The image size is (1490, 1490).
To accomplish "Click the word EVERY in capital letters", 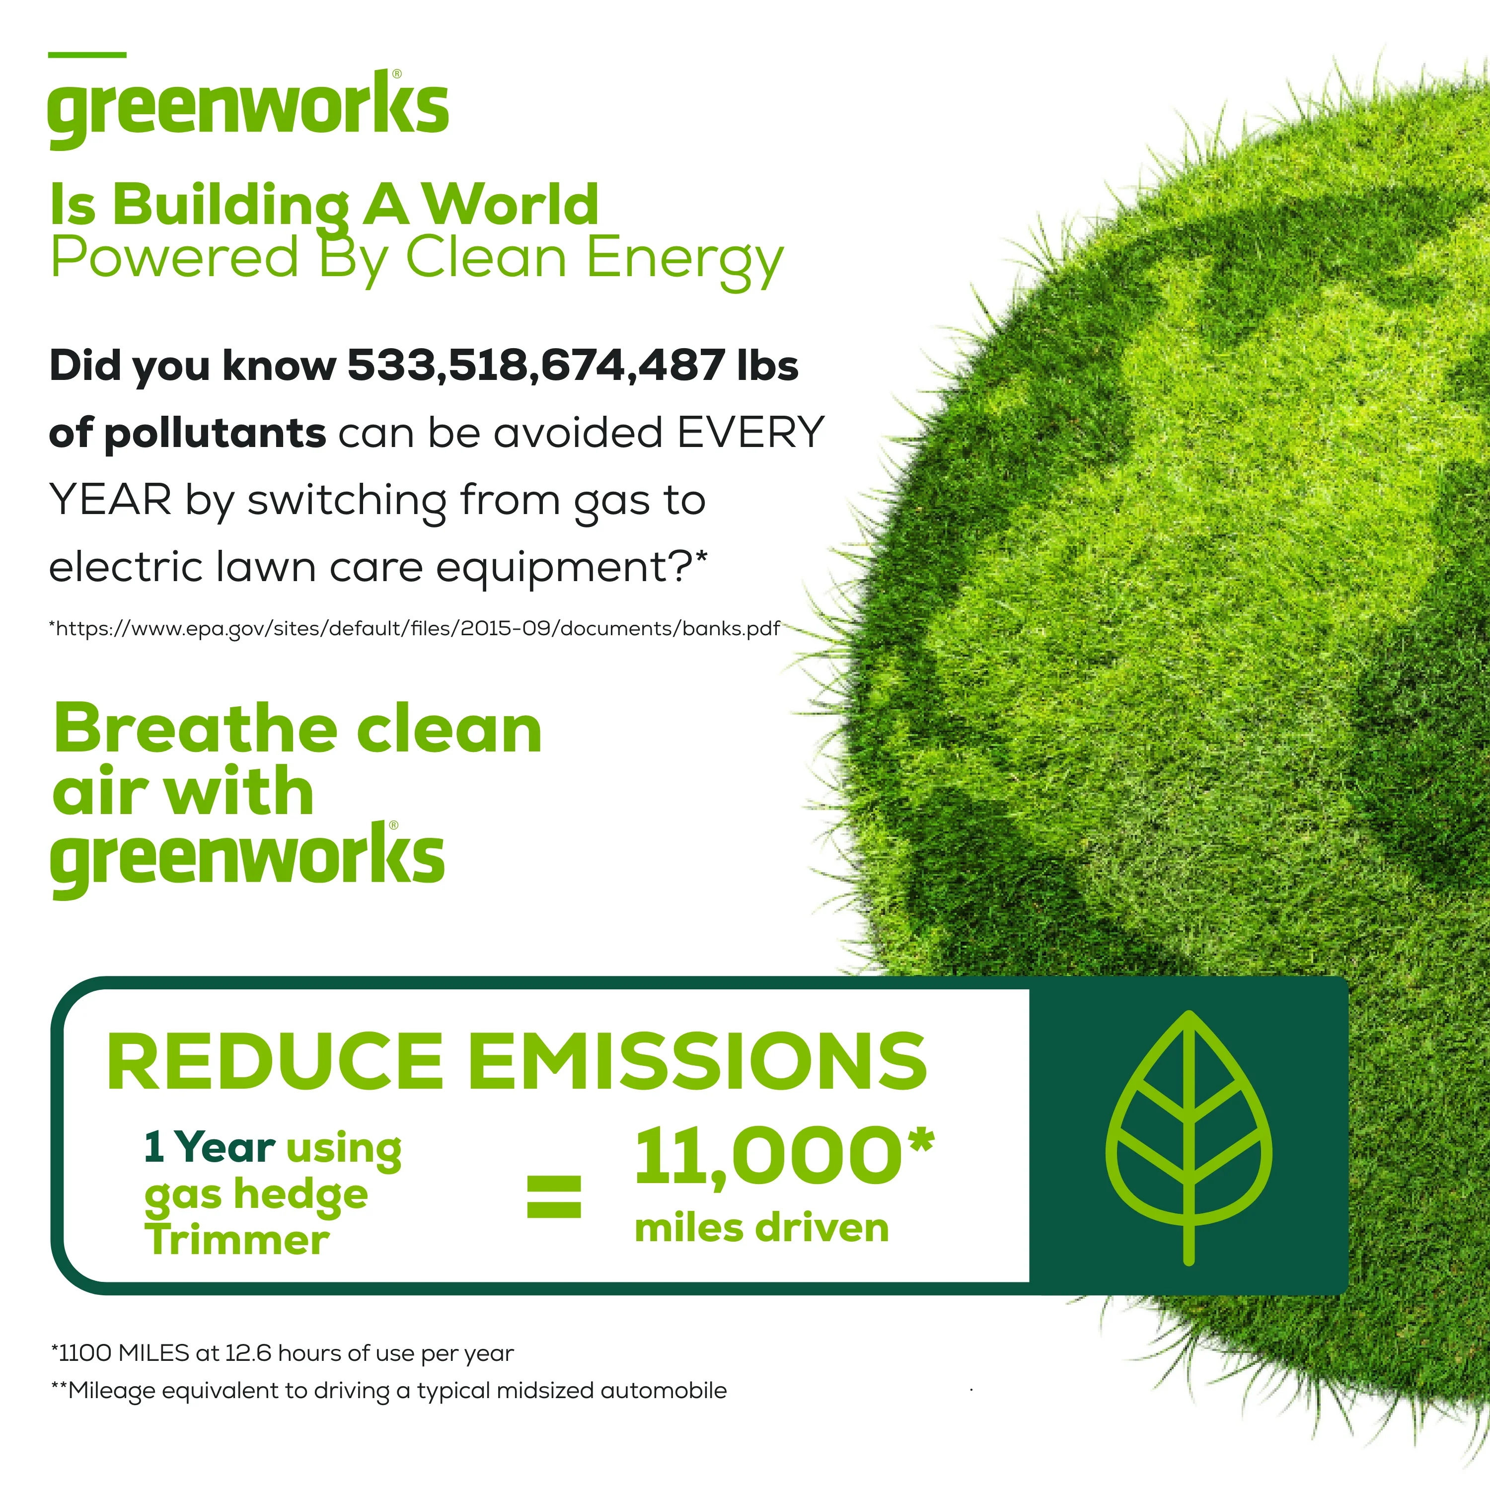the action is point(750,432).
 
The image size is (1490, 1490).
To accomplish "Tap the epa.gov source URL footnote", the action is point(414,629).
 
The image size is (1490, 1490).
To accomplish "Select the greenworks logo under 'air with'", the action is point(247,859).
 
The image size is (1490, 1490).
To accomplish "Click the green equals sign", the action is point(554,1196).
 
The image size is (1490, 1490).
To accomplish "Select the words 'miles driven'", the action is point(761,1229).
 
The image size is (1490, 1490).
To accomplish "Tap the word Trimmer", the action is point(237,1240).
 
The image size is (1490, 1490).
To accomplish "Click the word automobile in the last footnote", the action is point(663,1391).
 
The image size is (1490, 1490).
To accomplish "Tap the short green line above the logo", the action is point(87,55).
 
